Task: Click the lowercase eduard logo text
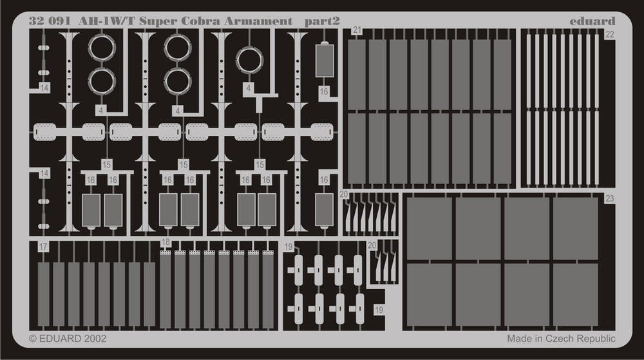[x=592, y=21]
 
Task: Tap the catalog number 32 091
[x=50, y=21]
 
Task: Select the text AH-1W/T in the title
[x=106, y=21]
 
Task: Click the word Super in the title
[x=158, y=22]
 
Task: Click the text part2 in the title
[x=323, y=22]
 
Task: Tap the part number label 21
[x=357, y=30]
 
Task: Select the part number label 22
[x=609, y=35]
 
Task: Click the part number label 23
[x=609, y=199]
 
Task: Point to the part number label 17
[x=43, y=247]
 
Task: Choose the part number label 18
[x=166, y=242]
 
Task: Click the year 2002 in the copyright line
[x=95, y=339]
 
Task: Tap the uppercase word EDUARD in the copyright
[x=60, y=339]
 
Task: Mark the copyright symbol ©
[x=33, y=339]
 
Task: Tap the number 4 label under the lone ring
[x=248, y=88]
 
